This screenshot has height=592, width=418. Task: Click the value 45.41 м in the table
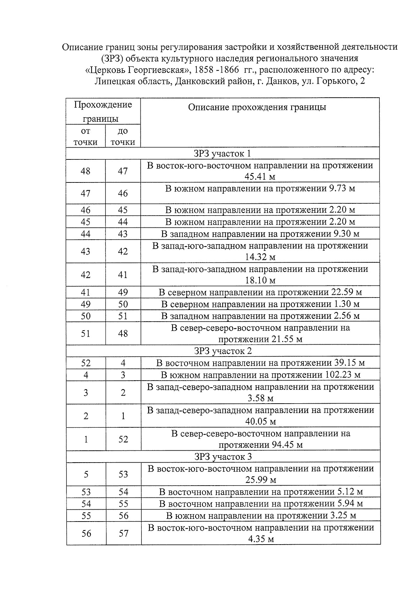pyautogui.click(x=260, y=177)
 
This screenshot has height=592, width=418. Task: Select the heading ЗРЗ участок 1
pyautogui.click(x=222, y=154)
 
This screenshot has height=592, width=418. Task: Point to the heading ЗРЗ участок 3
pyautogui.click(x=223, y=457)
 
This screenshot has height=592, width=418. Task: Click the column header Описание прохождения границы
pyautogui.click(x=257, y=107)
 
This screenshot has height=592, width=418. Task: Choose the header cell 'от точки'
pyautogui.click(x=85, y=136)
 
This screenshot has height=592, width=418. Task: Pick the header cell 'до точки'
pyautogui.click(x=123, y=136)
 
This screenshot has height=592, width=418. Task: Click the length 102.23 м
pyautogui.click(x=343, y=375)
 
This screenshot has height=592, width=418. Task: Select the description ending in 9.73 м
pyautogui.click(x=260, y=189)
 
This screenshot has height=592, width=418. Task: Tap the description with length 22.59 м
pyautogui.click(x=260, y=292)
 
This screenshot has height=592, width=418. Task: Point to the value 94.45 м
pyautogui.click(x=285, y=445)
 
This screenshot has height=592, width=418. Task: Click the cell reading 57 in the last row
pyautogui.click(x=123, y=533)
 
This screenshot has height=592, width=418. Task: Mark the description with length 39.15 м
pyautogui.click(x=260, y=363)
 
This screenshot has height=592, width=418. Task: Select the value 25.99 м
pyautogui.click(x=261, y=480)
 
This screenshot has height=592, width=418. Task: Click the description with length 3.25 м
pyautogui.click(x=261, y=516)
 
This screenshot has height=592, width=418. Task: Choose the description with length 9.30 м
pyautogui.click(x=260, y=234)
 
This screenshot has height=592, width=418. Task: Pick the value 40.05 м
pyautogui.click(x=261, y=422)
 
